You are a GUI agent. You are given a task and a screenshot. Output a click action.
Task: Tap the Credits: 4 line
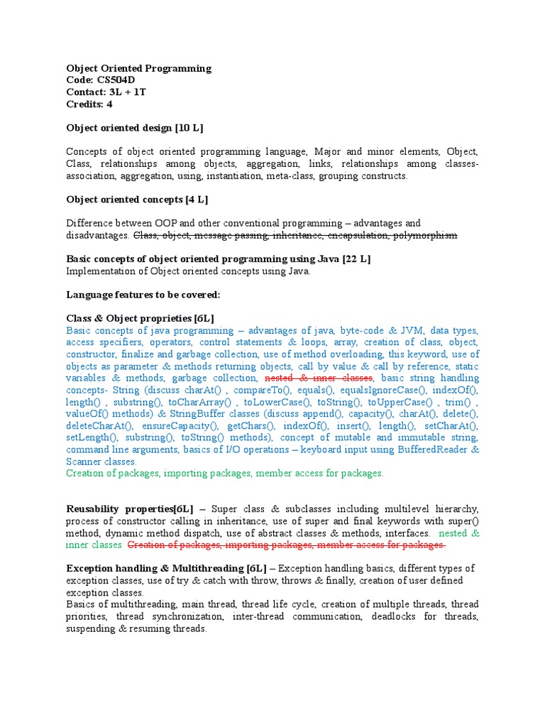(x=89, y=104)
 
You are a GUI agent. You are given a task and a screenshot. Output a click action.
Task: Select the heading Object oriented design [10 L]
(x=135, y=128)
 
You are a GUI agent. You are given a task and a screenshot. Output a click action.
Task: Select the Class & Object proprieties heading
(x=140, y=318)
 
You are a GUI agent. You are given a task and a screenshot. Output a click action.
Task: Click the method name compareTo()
(x=261, y=390)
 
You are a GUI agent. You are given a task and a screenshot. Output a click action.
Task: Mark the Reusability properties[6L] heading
(x=129, y=509)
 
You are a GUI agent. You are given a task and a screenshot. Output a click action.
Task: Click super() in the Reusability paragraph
(x=466, y=521)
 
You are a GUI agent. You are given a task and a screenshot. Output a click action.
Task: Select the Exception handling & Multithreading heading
(x=166, y=569)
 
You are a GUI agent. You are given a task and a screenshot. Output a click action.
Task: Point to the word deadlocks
(x=392, y=616)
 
